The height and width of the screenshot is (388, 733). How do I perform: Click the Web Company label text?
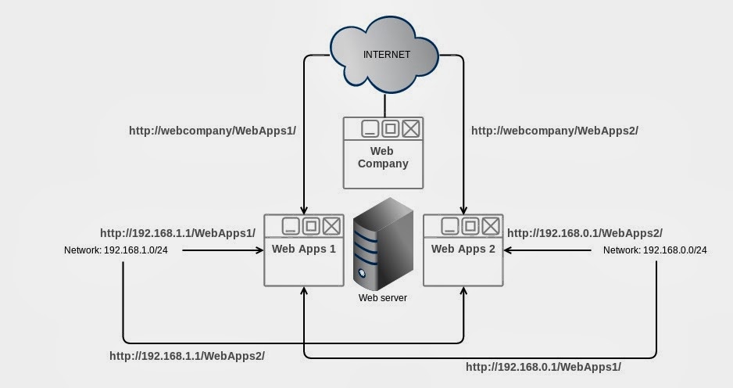coord(383,157)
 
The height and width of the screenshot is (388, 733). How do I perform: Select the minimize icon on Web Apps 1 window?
coord(291,226)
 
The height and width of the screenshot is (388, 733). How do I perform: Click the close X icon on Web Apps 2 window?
coord(490,226)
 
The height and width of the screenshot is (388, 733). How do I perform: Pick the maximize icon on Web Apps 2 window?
coord(470,226)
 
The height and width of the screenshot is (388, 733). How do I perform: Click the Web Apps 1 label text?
coord(304,250)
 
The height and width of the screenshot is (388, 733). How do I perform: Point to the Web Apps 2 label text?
coord(463,250)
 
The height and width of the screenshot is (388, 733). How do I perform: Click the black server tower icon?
coord(382,242)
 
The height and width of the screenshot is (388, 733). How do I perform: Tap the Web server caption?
coord(382,298)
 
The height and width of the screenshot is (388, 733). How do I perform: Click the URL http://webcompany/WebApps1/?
coord(213,131)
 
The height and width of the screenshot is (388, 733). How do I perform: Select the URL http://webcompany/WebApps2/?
coord(554,131)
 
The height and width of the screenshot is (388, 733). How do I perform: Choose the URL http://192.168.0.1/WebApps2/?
coord(585,233)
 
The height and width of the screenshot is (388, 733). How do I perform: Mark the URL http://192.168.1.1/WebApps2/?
coord(187,356)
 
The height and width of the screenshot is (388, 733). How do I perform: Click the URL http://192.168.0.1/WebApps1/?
coord(543,366)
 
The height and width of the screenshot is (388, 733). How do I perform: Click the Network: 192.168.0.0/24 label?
coord(655,250)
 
